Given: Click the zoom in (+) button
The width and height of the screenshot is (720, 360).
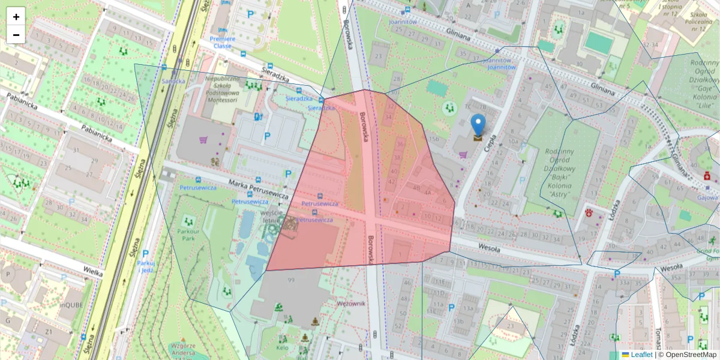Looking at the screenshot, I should (16, 17).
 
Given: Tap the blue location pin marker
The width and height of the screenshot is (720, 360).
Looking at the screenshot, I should (478, 127).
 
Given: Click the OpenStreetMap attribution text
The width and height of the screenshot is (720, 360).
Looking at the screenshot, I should (691, 355).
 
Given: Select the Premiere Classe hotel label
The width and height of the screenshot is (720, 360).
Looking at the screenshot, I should (222, 42).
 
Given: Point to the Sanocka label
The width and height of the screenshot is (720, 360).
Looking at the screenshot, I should (173, 81).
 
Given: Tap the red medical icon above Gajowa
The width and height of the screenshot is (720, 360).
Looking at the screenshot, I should (707, 176).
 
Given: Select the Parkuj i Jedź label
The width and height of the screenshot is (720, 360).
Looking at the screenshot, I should (145, 266).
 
